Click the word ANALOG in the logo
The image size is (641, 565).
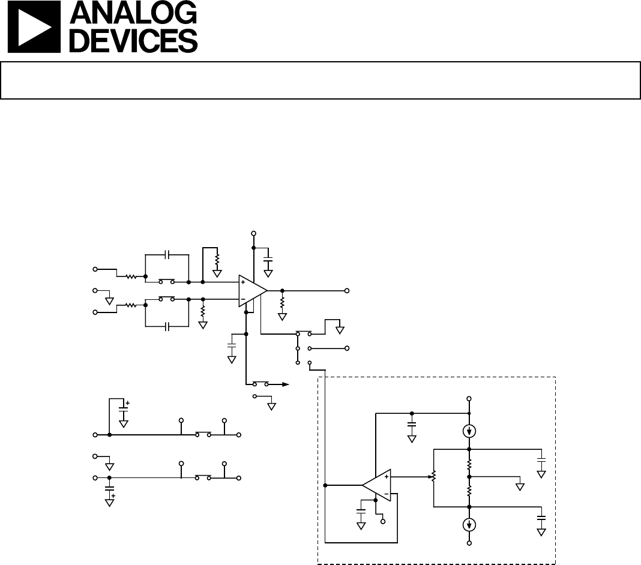(133, 13)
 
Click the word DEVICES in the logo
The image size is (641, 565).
(134, 40)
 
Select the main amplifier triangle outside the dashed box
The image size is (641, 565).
(253, 290)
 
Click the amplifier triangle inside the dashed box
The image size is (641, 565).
(376, 485)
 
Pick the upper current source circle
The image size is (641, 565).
(469, 431)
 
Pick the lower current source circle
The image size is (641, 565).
(469, 525)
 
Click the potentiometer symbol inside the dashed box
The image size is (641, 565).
(434, 476)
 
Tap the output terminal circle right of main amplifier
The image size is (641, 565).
(347, 291)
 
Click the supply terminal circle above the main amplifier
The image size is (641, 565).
(253, 233)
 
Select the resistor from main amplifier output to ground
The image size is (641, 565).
(282, 303)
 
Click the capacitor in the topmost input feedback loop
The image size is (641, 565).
(167, 254)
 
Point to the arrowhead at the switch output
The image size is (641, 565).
(285, 384)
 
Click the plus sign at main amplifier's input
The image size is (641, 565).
(243, 282)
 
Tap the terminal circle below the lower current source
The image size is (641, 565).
(469, 543)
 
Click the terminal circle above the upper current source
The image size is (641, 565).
(469, 398)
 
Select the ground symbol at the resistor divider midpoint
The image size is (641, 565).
(520, 487)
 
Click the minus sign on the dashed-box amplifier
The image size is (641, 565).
(387, 494)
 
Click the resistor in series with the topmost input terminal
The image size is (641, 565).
(131, 277)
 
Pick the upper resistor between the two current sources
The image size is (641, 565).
(469, 464)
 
